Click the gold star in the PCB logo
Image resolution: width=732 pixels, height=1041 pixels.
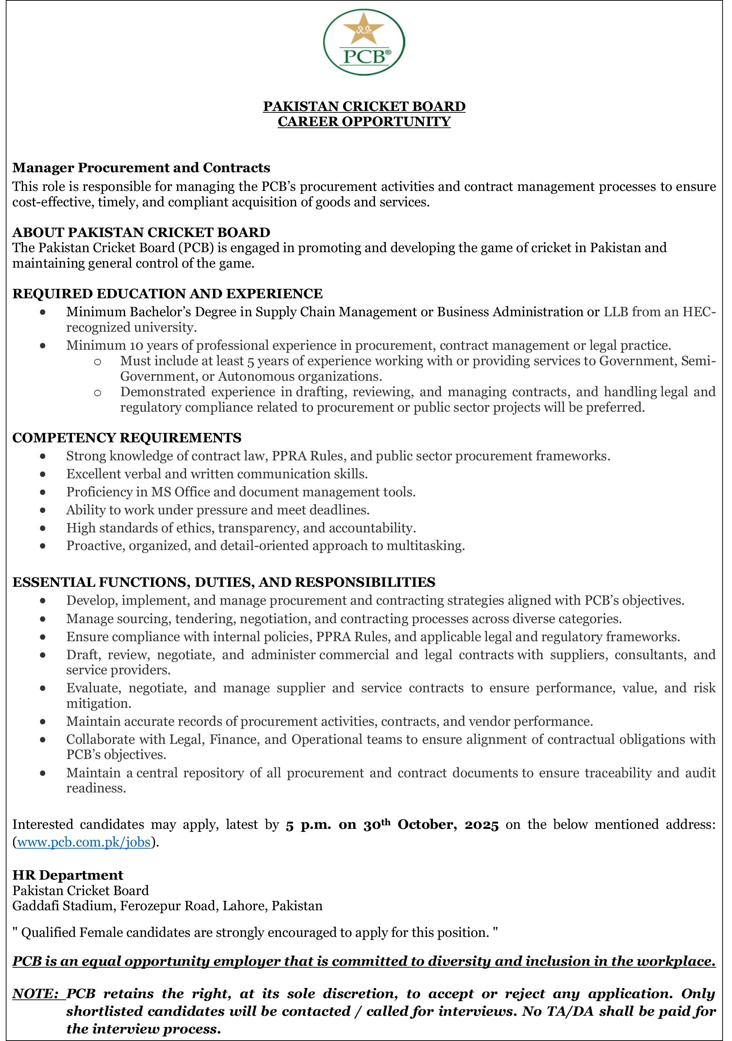coord(364,31)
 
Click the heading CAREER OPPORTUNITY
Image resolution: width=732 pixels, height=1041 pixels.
coord(364,121)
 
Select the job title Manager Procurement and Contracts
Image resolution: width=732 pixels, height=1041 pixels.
coord(141,168)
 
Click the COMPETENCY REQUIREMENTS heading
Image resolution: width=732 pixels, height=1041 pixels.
coord(127,438)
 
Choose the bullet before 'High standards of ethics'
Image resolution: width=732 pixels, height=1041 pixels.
coord(42,528)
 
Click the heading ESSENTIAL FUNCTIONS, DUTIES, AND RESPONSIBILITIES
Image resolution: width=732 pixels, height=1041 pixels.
coord(224,582)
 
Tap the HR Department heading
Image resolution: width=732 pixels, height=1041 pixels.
coord(68,875)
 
